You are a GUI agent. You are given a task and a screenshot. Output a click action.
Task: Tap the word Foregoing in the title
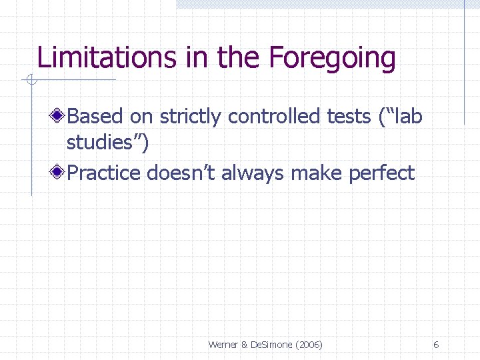click(x=332, y=58)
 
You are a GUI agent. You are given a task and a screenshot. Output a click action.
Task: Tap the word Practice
click(x=104, y=173)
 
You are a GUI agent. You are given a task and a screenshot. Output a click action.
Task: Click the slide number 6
click(x=435, y=345)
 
